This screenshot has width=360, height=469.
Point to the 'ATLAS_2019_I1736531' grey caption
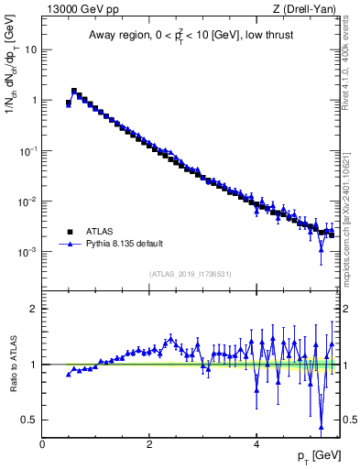click(191, 274)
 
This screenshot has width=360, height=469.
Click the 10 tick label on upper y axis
click(29, 50)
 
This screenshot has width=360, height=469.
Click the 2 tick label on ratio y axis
click(33, 309)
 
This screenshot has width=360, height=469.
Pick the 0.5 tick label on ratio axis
click(29, 420)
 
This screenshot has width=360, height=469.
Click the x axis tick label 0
click(42, 444)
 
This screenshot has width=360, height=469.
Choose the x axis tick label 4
click(256, 444)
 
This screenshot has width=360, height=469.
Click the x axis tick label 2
click(149, 444)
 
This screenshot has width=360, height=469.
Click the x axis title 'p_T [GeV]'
click(316, 455)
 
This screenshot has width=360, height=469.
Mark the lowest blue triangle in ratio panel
click(321, 427)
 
